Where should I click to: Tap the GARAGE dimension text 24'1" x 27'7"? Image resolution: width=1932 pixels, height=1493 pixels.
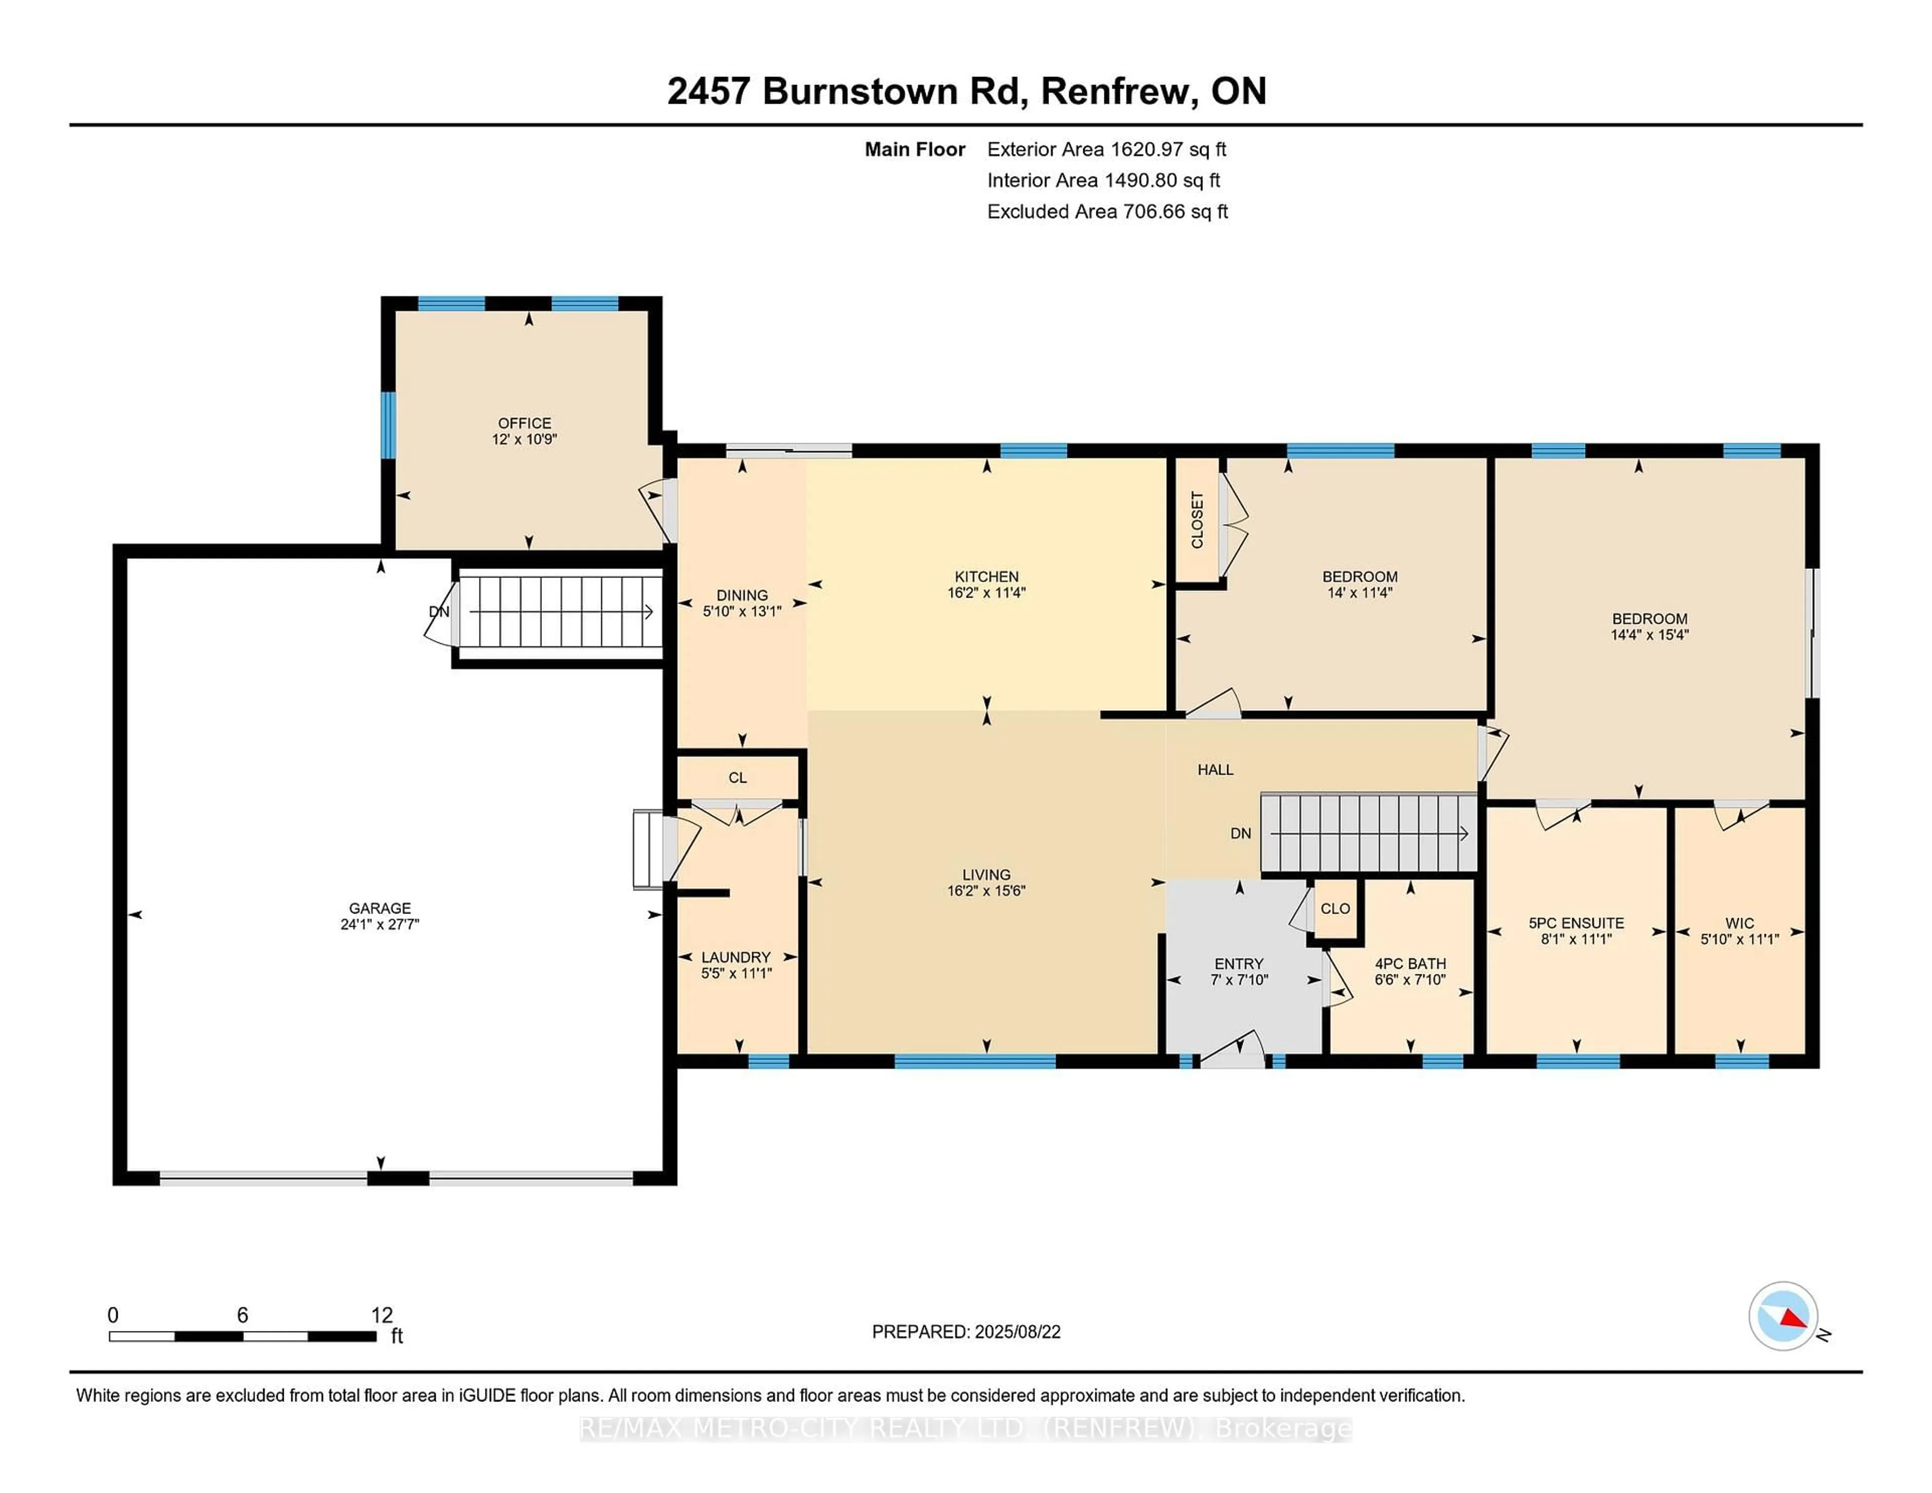coord(379,924)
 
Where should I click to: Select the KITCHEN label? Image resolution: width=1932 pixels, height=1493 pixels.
coord(986,576)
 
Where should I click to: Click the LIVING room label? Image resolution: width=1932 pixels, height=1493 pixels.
coord(986,874)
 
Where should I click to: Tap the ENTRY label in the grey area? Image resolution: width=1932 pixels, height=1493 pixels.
coord(1239,963)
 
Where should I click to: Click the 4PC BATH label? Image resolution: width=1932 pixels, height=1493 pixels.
coord(1410,963)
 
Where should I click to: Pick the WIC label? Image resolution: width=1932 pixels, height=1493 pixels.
coord(1739,923)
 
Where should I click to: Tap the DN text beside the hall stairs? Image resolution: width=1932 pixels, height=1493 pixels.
coord(1240,833)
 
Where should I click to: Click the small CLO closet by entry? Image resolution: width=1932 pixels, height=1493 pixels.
coord(1335,908)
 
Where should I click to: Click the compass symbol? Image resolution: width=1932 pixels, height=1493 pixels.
coord(1783,1315)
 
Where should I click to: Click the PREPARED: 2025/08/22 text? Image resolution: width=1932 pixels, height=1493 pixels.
coord(966,1332)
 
